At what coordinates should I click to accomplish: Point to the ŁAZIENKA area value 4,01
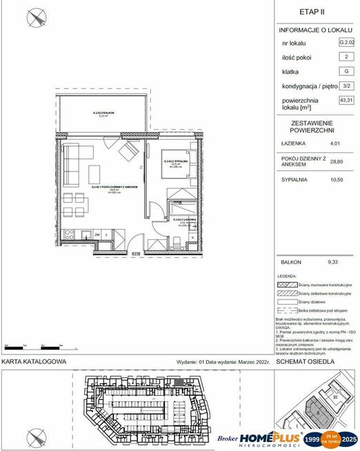click(336, 143)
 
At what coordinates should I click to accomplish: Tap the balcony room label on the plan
click(103, 114)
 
